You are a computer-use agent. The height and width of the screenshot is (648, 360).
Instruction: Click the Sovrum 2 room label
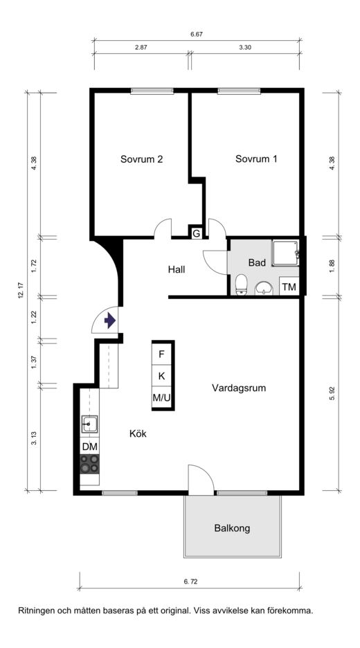141,159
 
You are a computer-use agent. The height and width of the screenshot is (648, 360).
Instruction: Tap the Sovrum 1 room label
256,159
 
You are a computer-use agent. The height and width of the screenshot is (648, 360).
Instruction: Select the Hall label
177,270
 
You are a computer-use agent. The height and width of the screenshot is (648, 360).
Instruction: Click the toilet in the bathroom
240,285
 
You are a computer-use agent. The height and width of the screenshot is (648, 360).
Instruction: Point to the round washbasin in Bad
263,288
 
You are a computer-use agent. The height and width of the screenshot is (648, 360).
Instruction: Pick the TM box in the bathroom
289,287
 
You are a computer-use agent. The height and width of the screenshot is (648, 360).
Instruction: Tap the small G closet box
197,233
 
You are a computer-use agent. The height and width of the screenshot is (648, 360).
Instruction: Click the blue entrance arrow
109,321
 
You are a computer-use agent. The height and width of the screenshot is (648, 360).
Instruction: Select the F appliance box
162,354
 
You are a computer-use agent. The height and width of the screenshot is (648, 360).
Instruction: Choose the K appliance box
162,376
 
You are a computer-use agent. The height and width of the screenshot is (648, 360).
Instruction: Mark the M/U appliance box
162,397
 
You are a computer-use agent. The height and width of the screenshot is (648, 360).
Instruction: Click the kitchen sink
90,424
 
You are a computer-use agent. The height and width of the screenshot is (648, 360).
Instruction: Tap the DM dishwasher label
90,447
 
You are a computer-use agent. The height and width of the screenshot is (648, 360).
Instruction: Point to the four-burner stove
90,464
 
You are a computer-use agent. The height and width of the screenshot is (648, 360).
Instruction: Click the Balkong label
233,528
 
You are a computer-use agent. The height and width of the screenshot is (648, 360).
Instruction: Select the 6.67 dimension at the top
197,35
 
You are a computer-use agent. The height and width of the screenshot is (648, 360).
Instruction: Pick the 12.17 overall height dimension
21,291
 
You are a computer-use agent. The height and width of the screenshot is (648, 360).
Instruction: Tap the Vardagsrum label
239,388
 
